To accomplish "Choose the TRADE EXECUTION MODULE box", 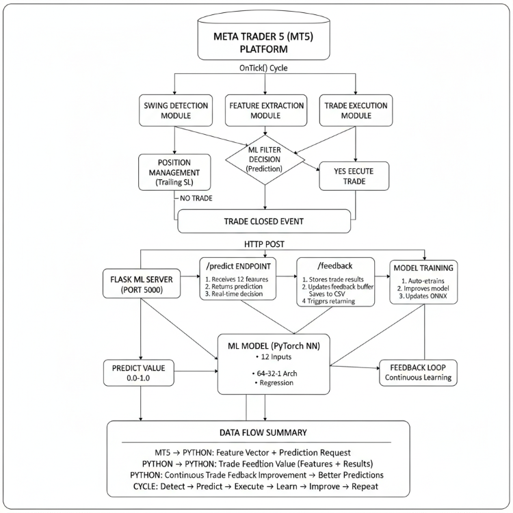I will point(355,109).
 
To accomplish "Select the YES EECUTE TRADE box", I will point(354,176).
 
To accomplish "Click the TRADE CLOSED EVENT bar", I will point(264,222).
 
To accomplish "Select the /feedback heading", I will point(336,263).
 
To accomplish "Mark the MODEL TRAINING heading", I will point(423,266).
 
